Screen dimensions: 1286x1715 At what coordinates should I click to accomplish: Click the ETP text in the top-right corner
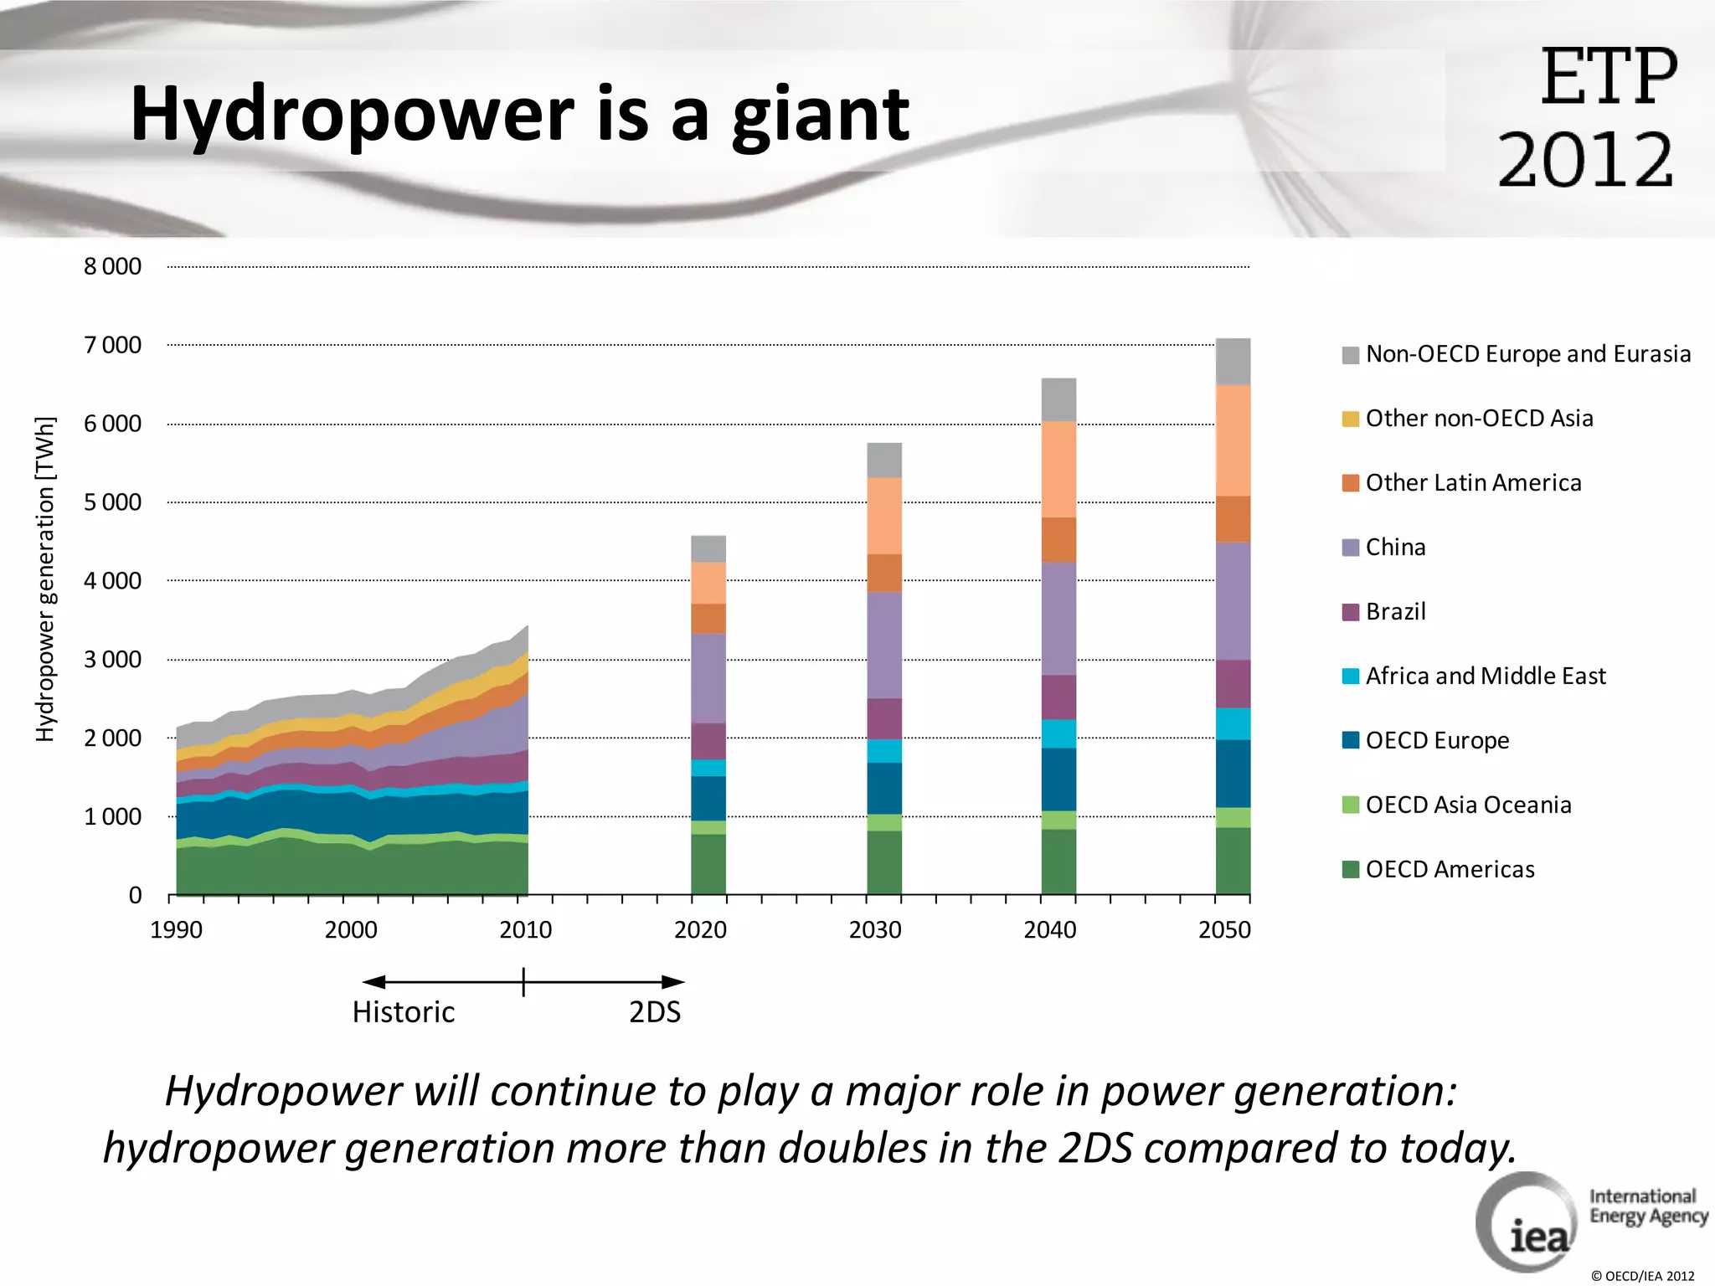[x=1608, y=77]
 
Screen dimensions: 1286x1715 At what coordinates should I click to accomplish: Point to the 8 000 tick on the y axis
[x=112, y=267]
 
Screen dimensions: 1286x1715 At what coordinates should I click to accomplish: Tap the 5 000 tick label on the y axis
[x=112, y=502]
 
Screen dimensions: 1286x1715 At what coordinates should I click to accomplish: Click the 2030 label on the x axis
[x=875, y=930]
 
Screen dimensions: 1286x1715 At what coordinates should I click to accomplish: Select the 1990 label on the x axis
[x=176, y=930]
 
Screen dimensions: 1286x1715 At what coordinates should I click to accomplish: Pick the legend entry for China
[x=1394, y=548]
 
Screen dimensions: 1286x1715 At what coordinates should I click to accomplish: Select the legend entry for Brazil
[x=1394, y=612]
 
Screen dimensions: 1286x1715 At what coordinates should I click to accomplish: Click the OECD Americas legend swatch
[x=1350, y=870]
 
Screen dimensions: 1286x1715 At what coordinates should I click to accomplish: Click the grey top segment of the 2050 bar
[x=1233, y=362]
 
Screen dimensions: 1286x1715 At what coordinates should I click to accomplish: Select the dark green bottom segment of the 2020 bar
[x=708, y=864]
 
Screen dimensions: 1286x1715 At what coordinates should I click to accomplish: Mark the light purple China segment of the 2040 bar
[x=1058, y=618]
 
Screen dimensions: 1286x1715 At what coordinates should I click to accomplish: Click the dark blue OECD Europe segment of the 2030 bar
[x=884, y=788]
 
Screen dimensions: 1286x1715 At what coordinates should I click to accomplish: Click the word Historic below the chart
[x=404, y=1012]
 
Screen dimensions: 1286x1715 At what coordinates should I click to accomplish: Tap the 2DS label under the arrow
[x=655, y=1012]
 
